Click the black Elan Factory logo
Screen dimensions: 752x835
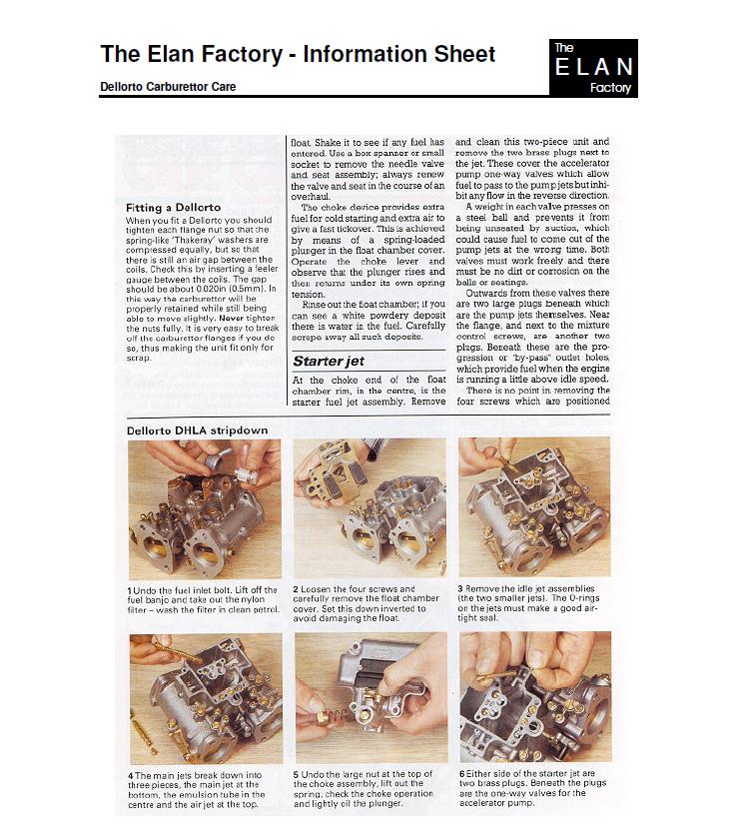(x=593, y=68)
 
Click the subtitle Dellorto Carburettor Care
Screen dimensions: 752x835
(x=168, y=86)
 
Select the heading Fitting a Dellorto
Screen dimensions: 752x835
(x=173, y=207)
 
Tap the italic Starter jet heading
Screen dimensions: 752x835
(x=329, y=361)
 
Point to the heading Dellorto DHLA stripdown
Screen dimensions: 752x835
(x=197, y=430)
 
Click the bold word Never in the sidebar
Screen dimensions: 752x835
(x=231, y=318)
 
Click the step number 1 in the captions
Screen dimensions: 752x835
(x=130, y=590)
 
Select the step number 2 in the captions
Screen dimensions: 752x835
(x=296, y=589)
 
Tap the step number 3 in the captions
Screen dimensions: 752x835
(x=460, y=589)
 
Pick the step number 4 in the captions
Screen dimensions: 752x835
(x=131, y=776)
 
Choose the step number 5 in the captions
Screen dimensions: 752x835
(x=297, y=774)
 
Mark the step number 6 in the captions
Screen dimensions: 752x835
(x=462, y=773)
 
